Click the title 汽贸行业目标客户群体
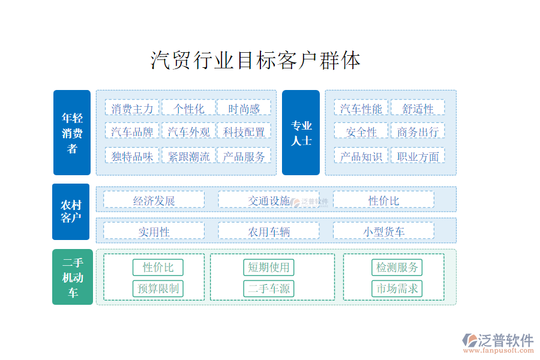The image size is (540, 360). click(x=255, y=60)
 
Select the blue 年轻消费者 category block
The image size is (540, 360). click(x=72, y=133)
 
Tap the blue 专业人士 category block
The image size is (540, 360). click(x=301, y=133)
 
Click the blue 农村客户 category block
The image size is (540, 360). click(x=71, y=212)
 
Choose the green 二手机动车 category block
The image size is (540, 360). click(x=73, y=277)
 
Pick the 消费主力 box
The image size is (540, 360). click(x=132, y=107)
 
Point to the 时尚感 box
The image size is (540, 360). click(x=244, y=107)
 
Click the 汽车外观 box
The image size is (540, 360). click(x=188, y=131)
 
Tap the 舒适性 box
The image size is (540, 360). click(x=418, y=107)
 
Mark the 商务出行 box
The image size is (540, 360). click(x=418, y=131)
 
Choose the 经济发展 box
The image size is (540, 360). click(x=154, y=199)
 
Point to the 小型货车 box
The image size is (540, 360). click(x=383, y=230)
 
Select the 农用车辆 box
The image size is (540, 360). click(x=269, y=230)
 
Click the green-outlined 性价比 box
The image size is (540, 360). click(x=158, y=268)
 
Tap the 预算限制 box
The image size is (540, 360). click(x=158, y=289)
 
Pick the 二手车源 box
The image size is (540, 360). click(x=269, y=289)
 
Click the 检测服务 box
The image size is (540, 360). click(x=397, y=268)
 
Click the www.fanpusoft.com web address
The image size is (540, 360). click(x=499, y=350)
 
